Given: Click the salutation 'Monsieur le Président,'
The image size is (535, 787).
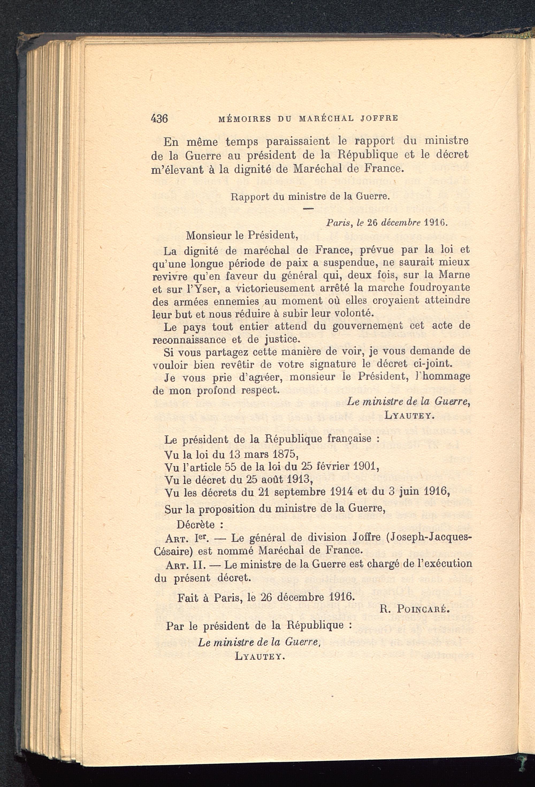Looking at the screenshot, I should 242,235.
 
